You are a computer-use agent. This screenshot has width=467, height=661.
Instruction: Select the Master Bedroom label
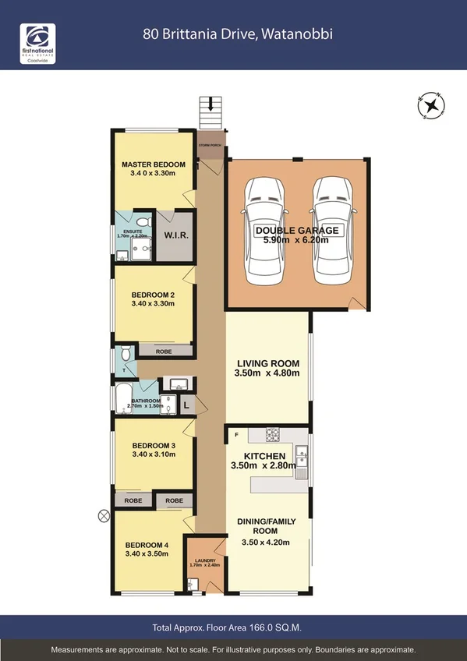click(x=153, y=164)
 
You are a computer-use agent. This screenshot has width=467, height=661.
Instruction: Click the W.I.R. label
click(x=175, y=234)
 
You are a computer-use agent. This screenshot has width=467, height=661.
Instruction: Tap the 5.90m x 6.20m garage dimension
click(x=296, y=240)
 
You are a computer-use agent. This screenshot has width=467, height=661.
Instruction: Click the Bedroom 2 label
click(x=153, y=295)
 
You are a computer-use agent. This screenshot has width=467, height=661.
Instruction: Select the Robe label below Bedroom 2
click(x=164, y=352)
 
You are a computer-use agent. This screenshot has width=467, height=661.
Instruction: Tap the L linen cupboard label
click(x=188, y=405)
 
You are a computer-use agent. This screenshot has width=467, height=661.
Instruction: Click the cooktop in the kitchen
click(x=273, y=434)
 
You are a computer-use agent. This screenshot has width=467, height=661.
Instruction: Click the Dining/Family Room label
click(x=267, y=525)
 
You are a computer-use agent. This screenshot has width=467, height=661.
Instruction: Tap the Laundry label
click(x=205, y=560)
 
